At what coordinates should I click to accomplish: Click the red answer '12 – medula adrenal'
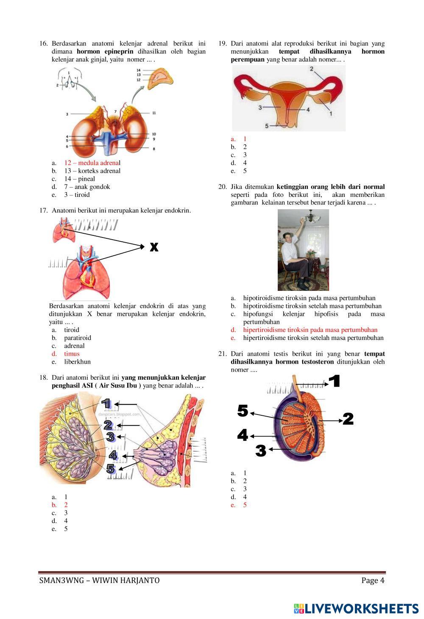92,163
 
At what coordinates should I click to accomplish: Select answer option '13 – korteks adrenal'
92,171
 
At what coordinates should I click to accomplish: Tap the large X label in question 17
154,247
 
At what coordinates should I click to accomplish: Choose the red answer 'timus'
72,354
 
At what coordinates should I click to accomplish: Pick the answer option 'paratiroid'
77,338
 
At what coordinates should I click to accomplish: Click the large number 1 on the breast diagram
106,403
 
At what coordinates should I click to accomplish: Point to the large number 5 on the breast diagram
111,469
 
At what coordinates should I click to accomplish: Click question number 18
44,378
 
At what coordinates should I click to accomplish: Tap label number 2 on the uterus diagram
312,69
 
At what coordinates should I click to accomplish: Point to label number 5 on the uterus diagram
267,126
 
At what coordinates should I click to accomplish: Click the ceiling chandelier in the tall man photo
312,217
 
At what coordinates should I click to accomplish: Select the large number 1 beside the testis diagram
335,381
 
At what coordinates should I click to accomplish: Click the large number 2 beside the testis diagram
348,419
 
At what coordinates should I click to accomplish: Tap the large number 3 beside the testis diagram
261,451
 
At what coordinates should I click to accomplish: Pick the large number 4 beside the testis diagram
243,435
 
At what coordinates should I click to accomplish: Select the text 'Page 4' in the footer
373,580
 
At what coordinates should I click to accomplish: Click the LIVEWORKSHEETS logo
356,609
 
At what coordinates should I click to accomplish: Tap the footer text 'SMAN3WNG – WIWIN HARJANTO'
99,580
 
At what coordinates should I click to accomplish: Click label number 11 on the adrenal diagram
154,113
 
